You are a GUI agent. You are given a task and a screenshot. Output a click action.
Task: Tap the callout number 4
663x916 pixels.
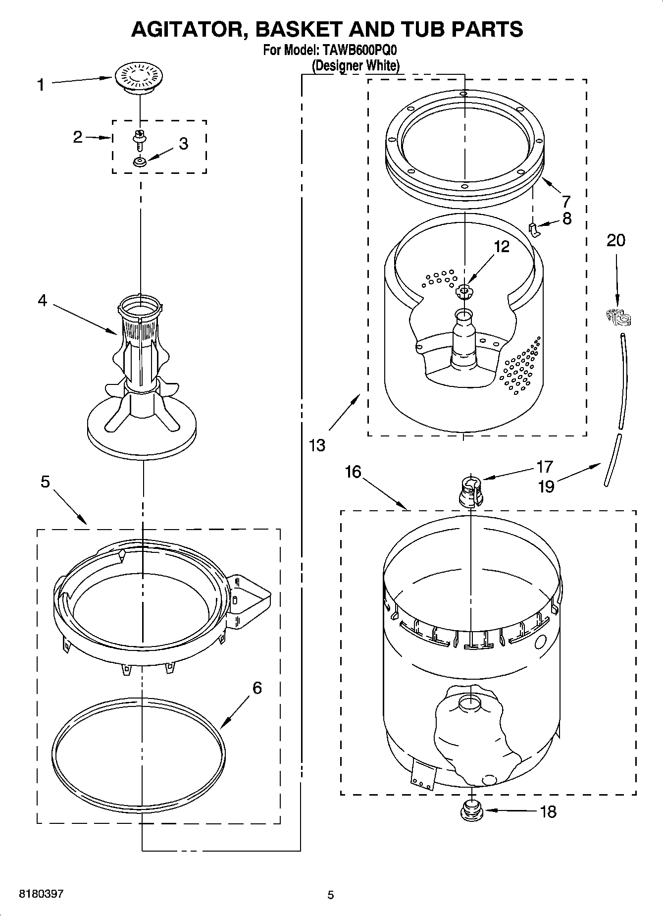(x=43, y=300)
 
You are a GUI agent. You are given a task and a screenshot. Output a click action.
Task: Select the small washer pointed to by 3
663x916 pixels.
(x=140, y=162)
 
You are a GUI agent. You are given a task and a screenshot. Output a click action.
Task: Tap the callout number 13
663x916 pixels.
(x=317, y=445)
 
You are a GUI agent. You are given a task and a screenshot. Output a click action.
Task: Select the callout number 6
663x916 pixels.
(x=256, y=688)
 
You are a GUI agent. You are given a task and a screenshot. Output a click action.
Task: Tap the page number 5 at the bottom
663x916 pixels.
(x=331, y=895)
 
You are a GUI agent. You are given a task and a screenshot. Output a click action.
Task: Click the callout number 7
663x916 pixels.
(x=565, y=201)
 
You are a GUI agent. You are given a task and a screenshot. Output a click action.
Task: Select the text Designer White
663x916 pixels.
(x=355, y=65)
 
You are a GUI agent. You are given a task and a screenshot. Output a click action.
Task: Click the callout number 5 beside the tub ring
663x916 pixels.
(x=45, y=481)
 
